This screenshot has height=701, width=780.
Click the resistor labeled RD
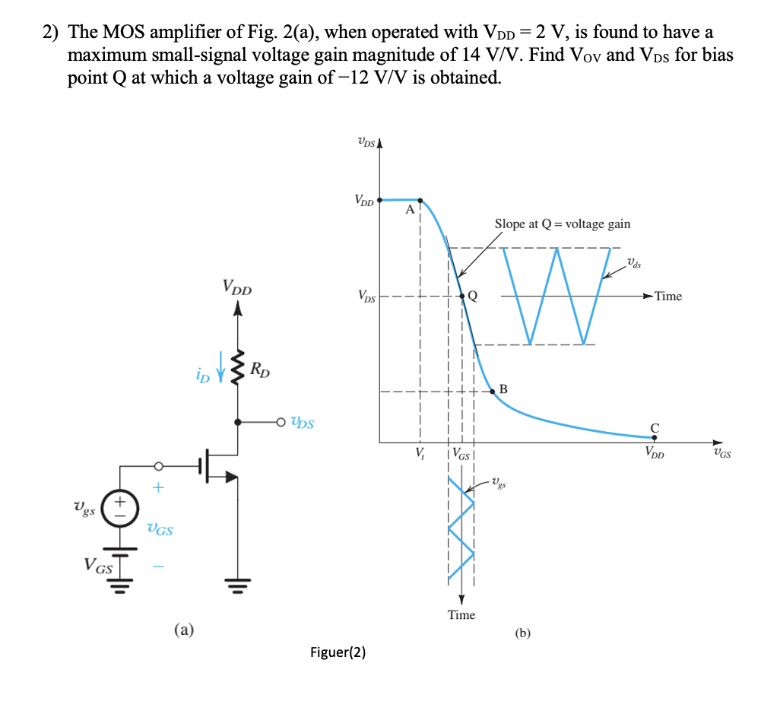point(239,370)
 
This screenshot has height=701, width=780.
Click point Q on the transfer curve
point(461,296)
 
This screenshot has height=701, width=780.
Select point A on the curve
point(420,201)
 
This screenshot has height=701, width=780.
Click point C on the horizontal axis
point(654,438)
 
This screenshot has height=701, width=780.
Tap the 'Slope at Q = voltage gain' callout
point(562,224)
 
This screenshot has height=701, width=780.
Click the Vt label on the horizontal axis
point(419,455)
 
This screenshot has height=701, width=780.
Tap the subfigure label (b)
point(524,632)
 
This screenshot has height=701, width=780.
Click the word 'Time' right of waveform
point(667,297)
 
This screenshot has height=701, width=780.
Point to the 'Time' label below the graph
point(461,614)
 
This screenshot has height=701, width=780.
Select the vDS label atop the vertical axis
point(366,141)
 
